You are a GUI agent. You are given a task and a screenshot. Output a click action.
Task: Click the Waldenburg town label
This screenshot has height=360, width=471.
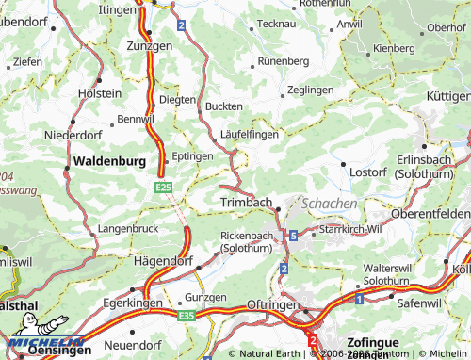(x=109, y=161)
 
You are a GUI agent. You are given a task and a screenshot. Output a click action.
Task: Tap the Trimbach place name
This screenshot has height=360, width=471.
(x=245, y=203)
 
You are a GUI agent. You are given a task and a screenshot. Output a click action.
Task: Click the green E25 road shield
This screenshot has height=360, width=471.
(x=162, y=188)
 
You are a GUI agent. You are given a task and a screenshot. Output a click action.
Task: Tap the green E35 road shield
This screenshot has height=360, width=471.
(x=187, y=315)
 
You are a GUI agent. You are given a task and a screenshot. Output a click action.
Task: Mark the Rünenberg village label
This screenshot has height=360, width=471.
(x=284, y=60)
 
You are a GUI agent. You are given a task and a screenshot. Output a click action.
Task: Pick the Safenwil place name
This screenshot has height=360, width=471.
(x=418, y=303)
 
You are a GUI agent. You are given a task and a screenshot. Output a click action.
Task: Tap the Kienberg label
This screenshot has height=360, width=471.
(x=394, y=47)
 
